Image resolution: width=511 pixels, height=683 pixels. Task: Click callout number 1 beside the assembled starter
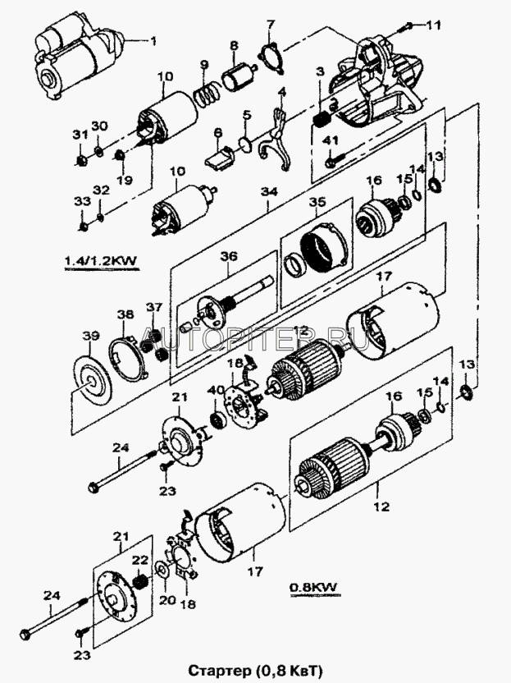point(151,39)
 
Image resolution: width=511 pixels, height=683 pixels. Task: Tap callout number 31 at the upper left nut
point(80,135)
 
